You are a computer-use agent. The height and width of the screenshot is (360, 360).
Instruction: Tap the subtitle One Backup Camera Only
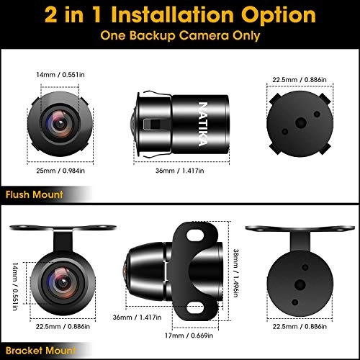pos(179,34)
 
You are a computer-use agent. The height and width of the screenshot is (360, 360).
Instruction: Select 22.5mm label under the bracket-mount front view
pos(58,327)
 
